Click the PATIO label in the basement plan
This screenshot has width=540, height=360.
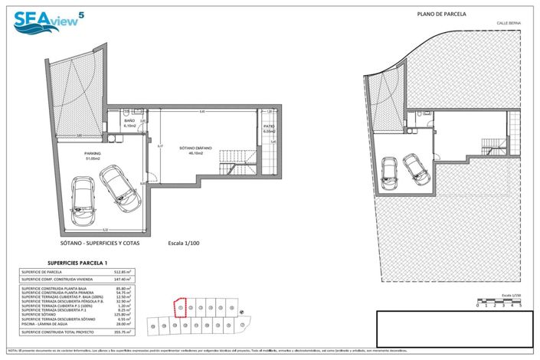point(269,128)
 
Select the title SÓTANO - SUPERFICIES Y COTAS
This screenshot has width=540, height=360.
point(98,243)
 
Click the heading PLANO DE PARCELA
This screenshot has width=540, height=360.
point(441,14)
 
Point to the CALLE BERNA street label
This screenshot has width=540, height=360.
point(509,24)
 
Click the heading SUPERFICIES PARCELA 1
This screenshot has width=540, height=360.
point(70,262)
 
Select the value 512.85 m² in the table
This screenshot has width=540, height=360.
point(123,272)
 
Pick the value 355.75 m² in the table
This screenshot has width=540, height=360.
point(123,332)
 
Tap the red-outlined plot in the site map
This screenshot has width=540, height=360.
point(180,307)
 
